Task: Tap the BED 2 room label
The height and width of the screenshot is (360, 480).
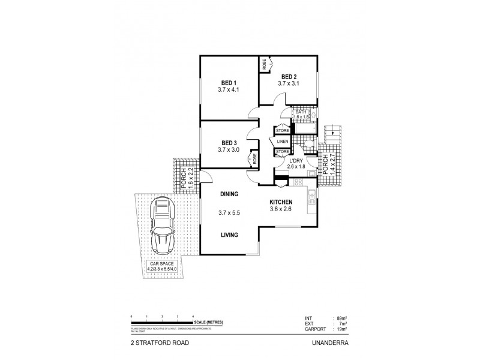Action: point(288,76)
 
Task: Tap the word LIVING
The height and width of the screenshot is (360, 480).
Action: point(229,235)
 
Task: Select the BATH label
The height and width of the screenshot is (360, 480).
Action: point(300,111)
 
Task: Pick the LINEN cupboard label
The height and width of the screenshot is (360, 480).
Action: point(283,141)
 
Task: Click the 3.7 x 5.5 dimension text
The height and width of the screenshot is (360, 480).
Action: point(229,213)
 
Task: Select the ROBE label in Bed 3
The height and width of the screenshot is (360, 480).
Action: point(255,159)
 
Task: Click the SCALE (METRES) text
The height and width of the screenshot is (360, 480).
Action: point(209,322)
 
